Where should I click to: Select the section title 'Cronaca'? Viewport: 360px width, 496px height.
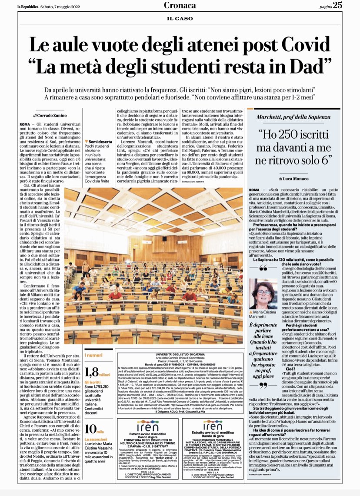pyautogui.click(x=180, y=5)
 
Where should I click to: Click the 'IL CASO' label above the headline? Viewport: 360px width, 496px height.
pyautogui.click(x=180, y=18)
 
